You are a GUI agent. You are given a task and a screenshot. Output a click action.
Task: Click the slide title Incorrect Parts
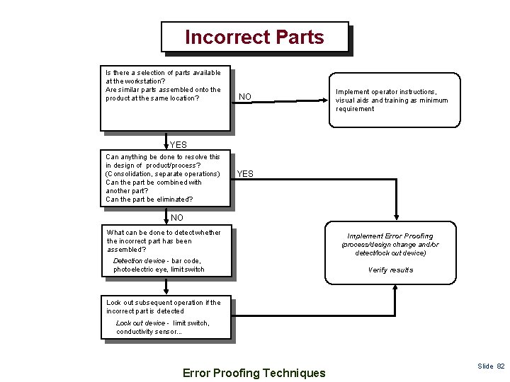tap(254, 37)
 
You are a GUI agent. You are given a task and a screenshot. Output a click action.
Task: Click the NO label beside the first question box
tap(244, 97)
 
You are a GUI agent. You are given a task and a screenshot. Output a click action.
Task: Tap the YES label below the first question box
tap(178, 145)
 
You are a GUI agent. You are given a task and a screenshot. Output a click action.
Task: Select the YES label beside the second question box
tap(244, 174)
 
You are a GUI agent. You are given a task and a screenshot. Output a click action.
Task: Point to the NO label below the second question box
tap(176, 218)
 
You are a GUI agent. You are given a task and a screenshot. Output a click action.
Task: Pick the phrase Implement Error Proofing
tap(390, 236)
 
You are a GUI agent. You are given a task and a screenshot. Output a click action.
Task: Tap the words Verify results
tap(390, 270)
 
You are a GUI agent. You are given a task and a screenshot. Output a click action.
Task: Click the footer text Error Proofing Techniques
tap(254, 373)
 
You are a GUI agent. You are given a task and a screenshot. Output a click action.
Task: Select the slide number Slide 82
tap(491, 366)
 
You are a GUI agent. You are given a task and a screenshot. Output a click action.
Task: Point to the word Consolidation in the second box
tap(130, 174)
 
